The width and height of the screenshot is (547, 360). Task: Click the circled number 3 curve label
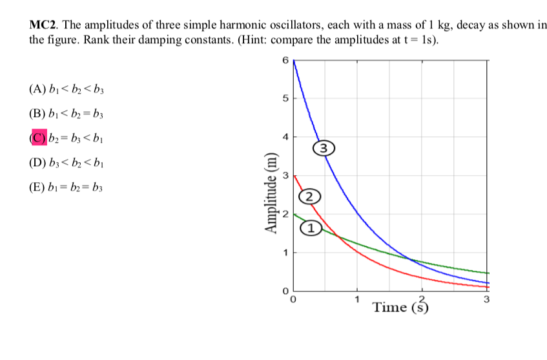pyautogui.click(x=325, y=148)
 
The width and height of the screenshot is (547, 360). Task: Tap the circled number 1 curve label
pyautogui.click(x=313, y=228)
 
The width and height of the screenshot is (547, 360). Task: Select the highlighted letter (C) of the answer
pyautogui.click(x=39, y=136)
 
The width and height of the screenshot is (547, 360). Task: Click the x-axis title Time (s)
pyautogui.click(x=400, y=307)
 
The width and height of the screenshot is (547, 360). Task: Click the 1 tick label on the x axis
pyautogui.click(x=357, y=300)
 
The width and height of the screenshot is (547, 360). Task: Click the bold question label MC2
pyautogui.click(x=44, y=26)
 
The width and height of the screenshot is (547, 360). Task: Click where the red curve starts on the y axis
pyautogui.click(x=294, y=175)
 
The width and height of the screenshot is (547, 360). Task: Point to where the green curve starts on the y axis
pyautogui.click(x=294, y=213)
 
